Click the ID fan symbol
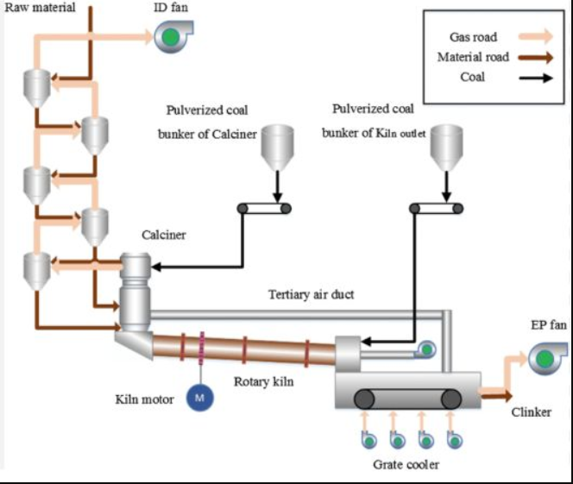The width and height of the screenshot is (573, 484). click(x=173, y=36)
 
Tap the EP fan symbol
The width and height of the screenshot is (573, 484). click(x=547, y=358)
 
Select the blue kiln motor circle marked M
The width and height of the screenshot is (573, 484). click(x=200, y=398)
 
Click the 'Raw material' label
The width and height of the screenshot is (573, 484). click(x=40, y=7)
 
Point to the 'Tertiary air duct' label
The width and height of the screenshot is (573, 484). click(x=311, y=294)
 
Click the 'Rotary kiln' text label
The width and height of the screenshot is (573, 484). click(x=263, y=381)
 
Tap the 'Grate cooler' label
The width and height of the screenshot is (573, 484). click(x=406, y=465)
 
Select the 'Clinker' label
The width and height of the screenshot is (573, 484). click(x=531, y=412)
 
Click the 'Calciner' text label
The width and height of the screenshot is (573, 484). click(x=164, y=235)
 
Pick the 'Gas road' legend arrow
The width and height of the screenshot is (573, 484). click(x=536, y=36)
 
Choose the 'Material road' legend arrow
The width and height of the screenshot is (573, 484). click(x=536, y=57)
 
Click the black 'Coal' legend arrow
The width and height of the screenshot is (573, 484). click(x=536, y=78)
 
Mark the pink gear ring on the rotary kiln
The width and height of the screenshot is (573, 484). click(x=201, y=348)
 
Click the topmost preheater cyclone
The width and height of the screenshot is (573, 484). click(x=37, y=88)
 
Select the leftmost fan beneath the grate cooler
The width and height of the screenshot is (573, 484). click(x=368, y=440)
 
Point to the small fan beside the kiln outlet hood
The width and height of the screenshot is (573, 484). click(x=425, y=349)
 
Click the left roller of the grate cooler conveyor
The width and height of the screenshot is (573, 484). click(x=364, y=399)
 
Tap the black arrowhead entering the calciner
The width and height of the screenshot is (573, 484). click(x=156, y=267)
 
